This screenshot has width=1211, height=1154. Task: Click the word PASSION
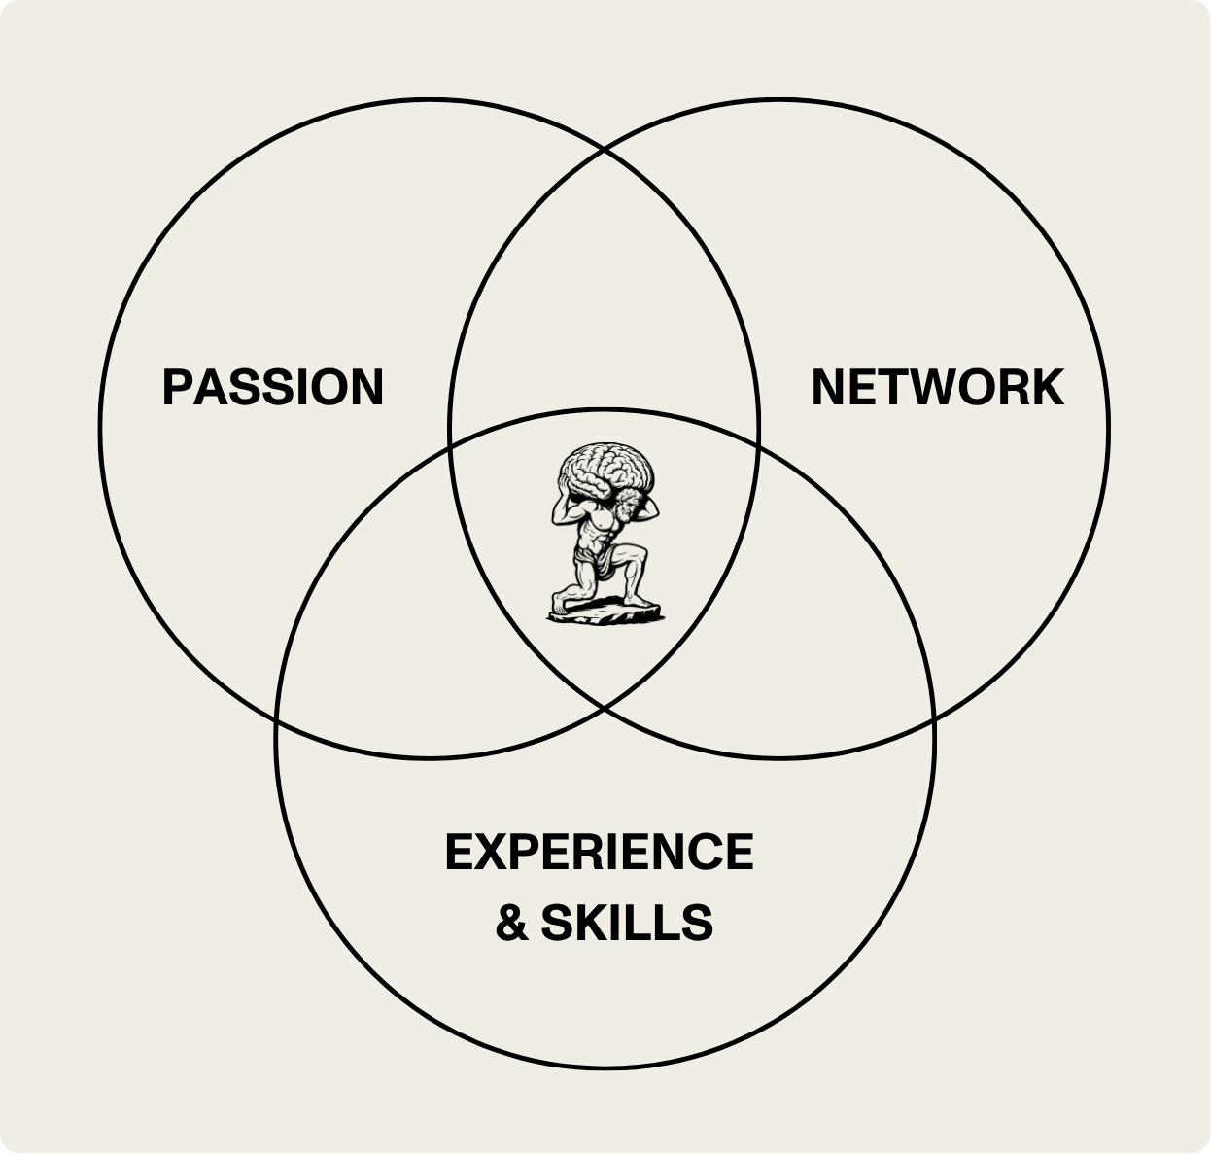tap(273, 387)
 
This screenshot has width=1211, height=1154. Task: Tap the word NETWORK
tap(937, 387)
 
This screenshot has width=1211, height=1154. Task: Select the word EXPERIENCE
tap(599, 853)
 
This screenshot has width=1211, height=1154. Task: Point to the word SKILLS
tap(627, 923)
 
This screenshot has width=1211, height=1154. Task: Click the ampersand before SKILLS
tap(511, 923)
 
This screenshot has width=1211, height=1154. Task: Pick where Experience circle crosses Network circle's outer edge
tap(932, 720)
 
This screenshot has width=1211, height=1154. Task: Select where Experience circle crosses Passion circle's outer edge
tap(277, 720)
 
